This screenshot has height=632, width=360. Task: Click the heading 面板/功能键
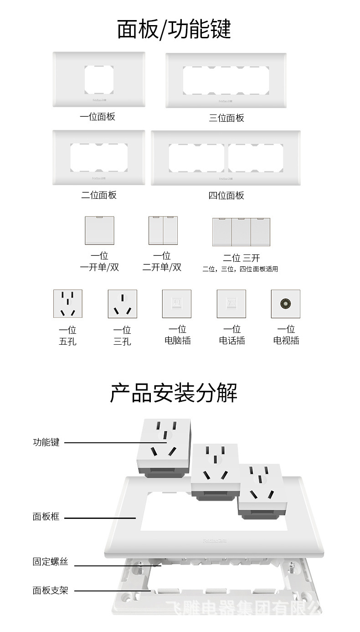(174, 29)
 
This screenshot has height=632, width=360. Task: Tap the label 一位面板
(98, 117)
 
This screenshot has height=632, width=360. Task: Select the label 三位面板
(226, 118)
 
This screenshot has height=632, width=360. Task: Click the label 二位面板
(99, 195)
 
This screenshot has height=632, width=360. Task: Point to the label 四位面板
(226, 196)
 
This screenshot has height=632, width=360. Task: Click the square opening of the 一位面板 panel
(99, 80)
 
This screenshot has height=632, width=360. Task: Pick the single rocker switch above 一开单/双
(99, 231)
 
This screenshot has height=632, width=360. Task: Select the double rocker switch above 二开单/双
(163, 231)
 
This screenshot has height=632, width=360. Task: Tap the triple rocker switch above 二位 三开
(241, 232)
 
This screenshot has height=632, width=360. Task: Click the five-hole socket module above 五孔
(68, 304)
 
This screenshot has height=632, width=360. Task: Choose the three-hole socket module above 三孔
(122, 304)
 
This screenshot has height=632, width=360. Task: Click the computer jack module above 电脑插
(177, 304)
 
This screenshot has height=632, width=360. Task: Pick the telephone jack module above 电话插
(231, 304)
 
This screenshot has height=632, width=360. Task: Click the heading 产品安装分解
(174, 393)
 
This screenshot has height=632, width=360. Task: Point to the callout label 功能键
(46, 442)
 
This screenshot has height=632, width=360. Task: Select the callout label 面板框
(46, 517)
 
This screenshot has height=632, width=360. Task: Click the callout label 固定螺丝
(50, 562)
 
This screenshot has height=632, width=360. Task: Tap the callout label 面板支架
(50, 591)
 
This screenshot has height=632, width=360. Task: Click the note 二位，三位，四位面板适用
(240, 269)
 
